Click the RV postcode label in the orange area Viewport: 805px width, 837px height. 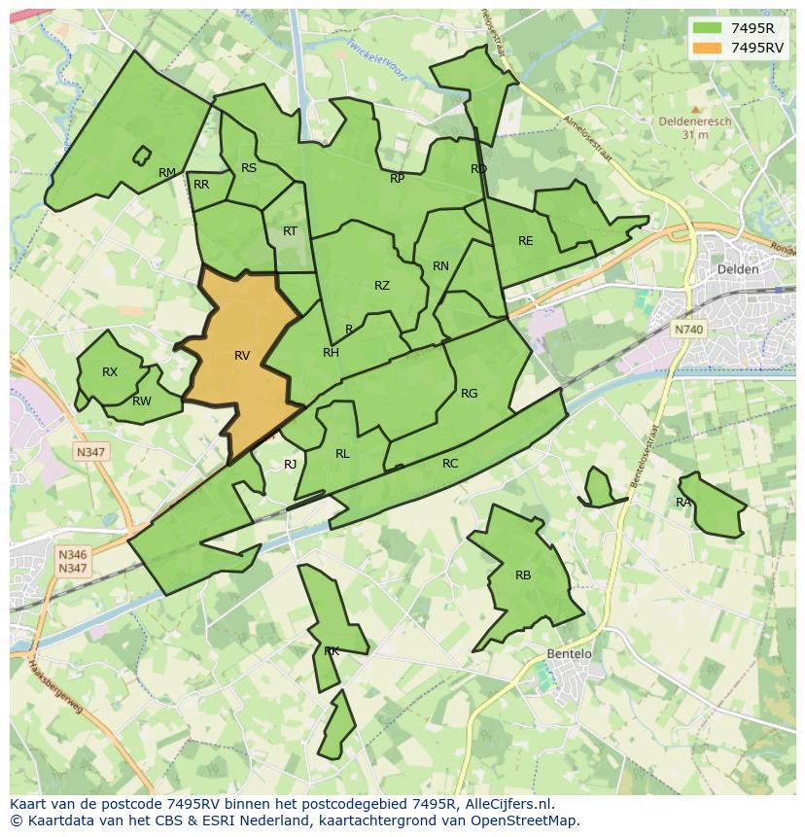[x=242, y=356]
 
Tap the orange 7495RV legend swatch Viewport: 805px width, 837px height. [x=707, y=48]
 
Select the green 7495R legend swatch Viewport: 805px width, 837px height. [x=707, y=28]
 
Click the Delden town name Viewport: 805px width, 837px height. [x=737, y=269]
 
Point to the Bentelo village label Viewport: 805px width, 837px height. [x=569, y=654]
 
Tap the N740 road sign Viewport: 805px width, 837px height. [x=688, y=330]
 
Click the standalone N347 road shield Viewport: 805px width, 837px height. [x=91, y=452]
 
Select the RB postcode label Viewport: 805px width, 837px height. [x=523, y=575]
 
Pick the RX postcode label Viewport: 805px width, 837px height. [x=110, y=372]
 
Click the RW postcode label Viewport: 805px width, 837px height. [x=142, y=401]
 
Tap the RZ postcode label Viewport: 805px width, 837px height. [x=382, y=286]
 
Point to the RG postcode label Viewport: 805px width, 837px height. [x=470, y=394]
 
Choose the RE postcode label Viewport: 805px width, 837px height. [x=526, y=241]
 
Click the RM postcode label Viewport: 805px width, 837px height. [x=167, y=174]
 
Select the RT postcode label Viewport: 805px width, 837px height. [x=290, y=231]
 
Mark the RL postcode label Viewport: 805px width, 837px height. [x=342, y=454]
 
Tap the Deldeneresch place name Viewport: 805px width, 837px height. [x=695, y=122]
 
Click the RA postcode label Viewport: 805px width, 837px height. [x=683, y=503]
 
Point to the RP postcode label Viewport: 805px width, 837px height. [x=398, y=179]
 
